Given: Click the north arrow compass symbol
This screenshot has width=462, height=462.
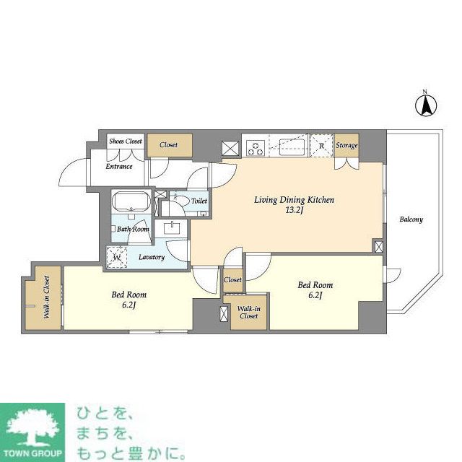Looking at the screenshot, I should click(x=426, y=105).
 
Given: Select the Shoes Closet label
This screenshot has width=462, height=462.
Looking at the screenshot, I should click(x=126, y=142).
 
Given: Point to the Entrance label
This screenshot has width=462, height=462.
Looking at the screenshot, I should click(x=119, y=167).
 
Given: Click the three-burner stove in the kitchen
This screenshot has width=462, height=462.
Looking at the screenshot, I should click(x=255, y=147).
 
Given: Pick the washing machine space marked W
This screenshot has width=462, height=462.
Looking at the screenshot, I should click(x=115, y=256).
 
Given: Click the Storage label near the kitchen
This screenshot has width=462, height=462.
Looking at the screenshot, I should click(x=346, y=146).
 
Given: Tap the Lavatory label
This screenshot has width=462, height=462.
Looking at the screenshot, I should click(x=152, y=257).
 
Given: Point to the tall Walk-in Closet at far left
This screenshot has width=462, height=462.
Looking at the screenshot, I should click(x=45, y=297).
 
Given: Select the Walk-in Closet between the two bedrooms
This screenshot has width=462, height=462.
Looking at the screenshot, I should click(x=248, y=313).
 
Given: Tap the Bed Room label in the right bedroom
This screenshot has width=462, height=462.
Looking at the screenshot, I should click(x=315, y=285).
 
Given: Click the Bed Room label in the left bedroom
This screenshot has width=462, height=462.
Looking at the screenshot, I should click(x=129, y=295).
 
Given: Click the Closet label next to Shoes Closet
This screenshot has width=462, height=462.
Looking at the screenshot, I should click(x=169, y=145).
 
